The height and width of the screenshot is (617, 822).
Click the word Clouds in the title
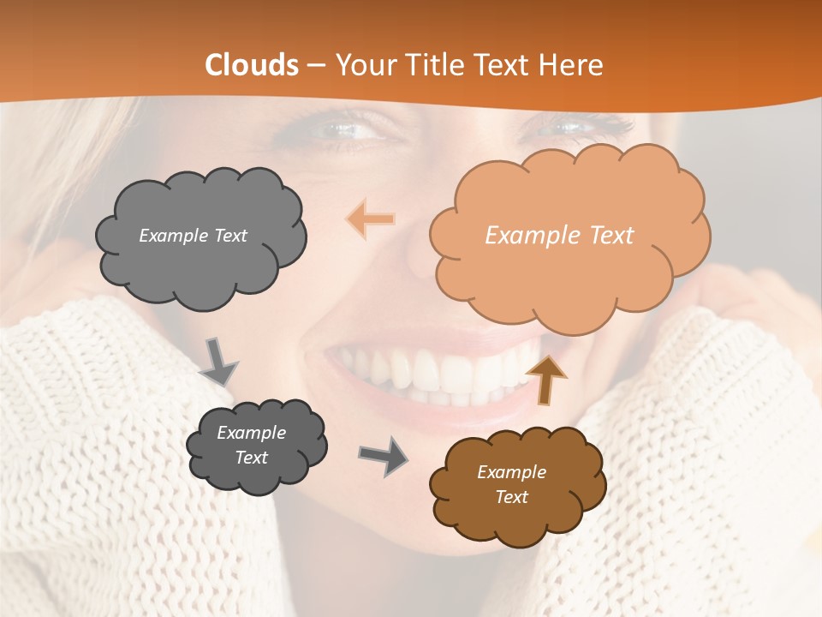tap(252, 65)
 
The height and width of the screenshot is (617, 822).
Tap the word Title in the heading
tap(432, 65)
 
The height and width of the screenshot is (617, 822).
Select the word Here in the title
tap(573, 65)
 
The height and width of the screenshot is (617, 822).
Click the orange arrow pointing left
tap(371, 219)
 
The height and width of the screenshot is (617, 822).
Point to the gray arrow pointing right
tap(383, 455)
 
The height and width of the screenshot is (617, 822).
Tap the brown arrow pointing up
tap(545, 379)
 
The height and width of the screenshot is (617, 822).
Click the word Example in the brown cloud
tap(511, 472)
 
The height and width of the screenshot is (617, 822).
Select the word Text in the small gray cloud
tap(252, 458)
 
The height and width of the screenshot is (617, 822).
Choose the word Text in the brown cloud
tap(511, 497)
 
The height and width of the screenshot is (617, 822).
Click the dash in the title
tap(316, 65)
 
